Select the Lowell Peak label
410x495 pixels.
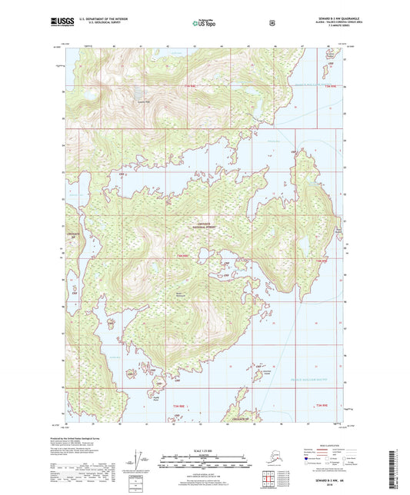(x=142, y=100)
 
